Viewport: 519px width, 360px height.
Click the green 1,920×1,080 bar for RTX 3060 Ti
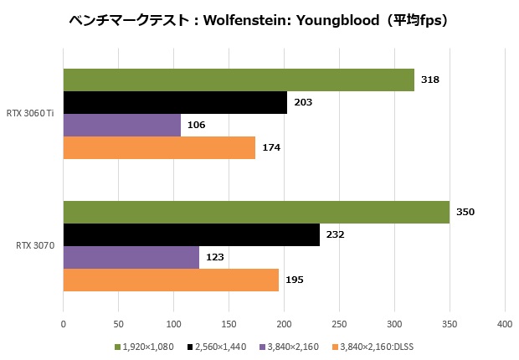[239, 80]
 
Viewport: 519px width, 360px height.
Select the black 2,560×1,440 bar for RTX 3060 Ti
[175, 102]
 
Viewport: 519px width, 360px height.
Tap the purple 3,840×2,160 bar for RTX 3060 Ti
[122, 125]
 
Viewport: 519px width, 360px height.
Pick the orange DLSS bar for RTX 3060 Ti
[159, 147]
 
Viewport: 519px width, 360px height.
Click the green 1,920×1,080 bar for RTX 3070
[256, 212]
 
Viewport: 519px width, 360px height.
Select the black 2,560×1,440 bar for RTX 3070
[192, 234]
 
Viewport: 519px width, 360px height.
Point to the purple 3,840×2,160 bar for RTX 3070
[131, 257]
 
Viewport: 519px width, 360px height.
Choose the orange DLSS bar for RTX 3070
[171, 280]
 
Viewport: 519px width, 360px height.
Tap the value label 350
[465, 212]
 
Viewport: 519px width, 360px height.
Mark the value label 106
[196, 125]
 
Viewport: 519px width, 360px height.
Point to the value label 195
[295, 280]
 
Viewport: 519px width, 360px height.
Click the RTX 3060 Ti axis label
[31, 113]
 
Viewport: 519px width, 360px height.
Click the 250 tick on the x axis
[339, 323]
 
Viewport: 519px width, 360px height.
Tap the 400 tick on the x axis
[504, 323]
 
